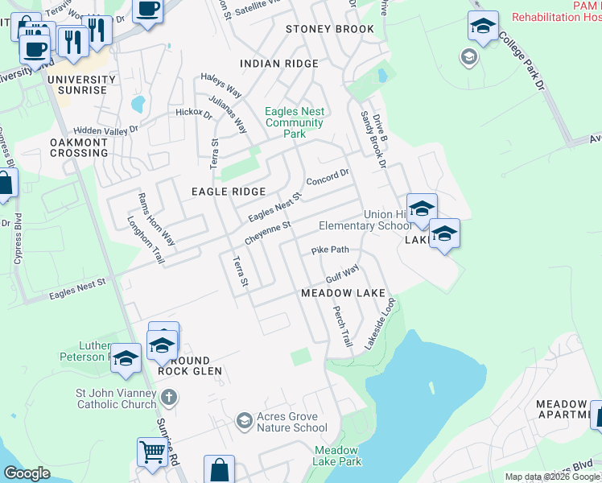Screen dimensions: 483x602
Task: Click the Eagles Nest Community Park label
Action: tap(294, 123)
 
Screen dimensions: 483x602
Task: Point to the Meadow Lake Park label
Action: tap(337, 456)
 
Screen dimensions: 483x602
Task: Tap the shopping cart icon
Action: tap(151, 451)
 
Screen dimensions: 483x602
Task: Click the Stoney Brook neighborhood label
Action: tap(330, 29)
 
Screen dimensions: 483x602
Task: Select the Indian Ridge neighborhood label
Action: tap(279, 64)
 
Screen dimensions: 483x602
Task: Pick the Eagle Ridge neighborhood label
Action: tap(228, 192)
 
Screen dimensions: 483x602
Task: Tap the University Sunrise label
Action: tap(81, 85)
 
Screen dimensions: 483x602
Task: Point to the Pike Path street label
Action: tap(329, 250)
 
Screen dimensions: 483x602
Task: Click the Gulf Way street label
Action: tap(341, 273)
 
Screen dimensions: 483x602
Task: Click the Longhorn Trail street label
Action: tap(146, 240)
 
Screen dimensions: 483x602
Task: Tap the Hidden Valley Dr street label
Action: tap(105, 129)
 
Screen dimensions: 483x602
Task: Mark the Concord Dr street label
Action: tap(328, 176)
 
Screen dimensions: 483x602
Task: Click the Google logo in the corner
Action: tap(27, 473)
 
